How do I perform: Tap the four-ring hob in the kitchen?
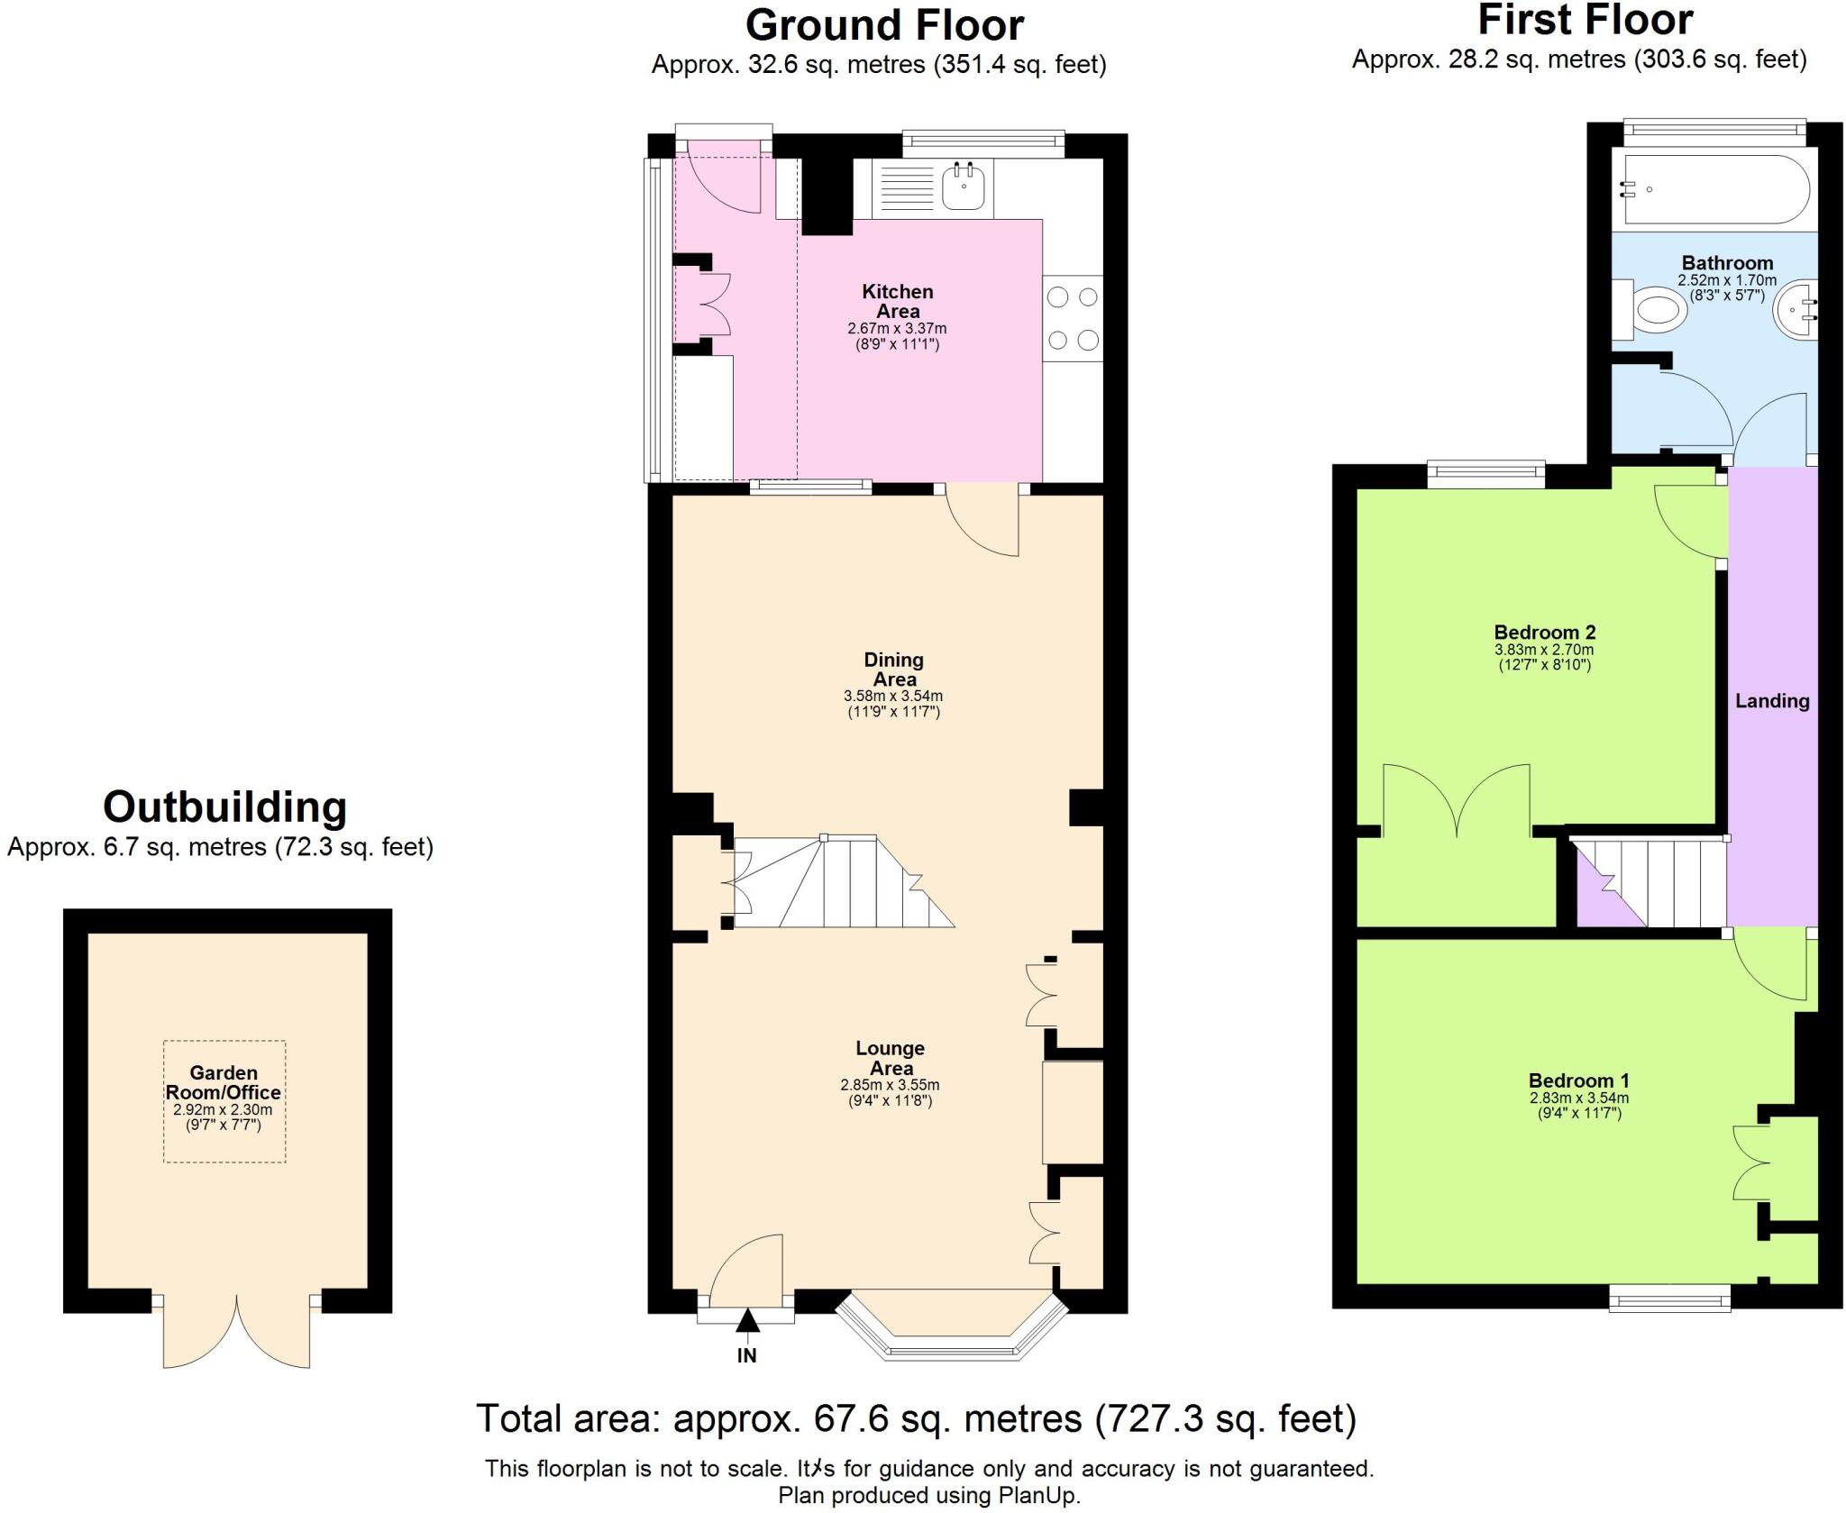1073,318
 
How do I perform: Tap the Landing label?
1772,701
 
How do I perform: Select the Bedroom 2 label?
1544,633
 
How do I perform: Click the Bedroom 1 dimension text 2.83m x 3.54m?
1578,1098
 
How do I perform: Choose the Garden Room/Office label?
224,1082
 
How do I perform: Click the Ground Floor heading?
883,25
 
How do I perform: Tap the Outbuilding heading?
224,807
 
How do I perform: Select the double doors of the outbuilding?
236,1332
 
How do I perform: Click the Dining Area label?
893,670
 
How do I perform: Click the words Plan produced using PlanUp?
929,1496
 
